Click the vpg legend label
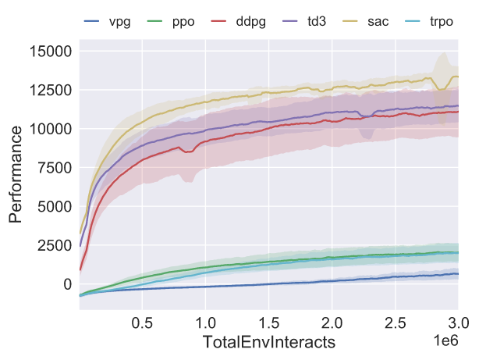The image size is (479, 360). (120, 22)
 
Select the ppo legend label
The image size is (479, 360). (183, 22)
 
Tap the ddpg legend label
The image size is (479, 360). (250, 22)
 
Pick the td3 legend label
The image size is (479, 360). (317, 21)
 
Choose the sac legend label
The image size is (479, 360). (378, 22)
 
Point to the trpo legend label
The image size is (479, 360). (442, 22)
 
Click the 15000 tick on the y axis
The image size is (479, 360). (51, 51)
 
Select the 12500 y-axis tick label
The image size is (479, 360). (51, 90)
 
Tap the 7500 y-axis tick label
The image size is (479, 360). (55, 168)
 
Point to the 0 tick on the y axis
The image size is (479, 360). (68, 284)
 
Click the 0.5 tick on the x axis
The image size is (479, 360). (142, 323)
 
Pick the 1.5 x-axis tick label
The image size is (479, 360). (269, 323)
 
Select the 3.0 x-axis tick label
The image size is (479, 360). (458, 323)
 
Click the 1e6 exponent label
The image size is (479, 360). (446, 340)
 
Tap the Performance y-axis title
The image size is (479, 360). (16, 175)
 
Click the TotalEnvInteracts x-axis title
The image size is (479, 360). (269, 342)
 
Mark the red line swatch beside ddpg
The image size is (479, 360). (218, 21)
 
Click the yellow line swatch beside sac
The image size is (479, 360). (350, 21)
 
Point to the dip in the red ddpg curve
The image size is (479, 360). (188, 151)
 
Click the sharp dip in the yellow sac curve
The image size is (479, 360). (441, 89)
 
